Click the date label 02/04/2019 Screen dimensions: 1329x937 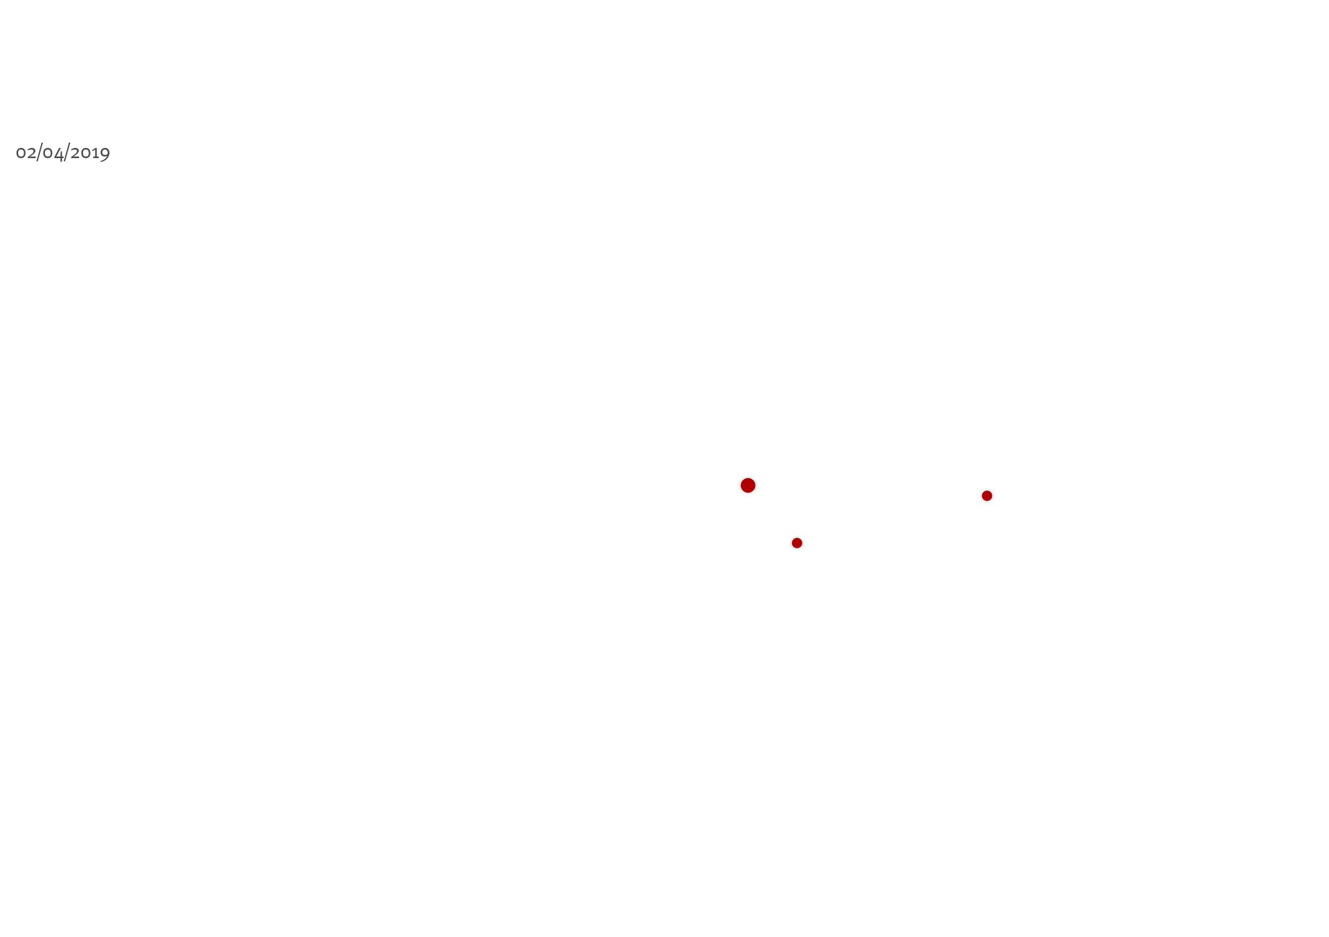coord(63,152)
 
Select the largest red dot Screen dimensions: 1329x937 coord(748,485)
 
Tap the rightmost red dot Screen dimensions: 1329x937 coord(987,496)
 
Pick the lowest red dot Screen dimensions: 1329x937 coord(797,543)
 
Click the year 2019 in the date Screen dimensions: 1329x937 coord(91,153)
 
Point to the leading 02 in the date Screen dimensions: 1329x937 coord(26,153)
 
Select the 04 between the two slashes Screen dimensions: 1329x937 coord(53,153)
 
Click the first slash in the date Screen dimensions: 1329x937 coord(39,152)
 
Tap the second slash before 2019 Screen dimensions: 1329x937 coord(67,152)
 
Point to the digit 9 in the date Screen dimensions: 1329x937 coord(106,154)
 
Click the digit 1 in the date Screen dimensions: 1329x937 coord(96,153)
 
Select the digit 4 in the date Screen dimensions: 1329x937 coord(59,153)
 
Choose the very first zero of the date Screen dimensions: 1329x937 coord(21,153)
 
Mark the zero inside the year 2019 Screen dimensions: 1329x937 coord(87,153)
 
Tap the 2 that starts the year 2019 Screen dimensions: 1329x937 coord(76,153)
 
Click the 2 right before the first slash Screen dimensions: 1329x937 coord(31,153)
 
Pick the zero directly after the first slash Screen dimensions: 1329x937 coord(48,153)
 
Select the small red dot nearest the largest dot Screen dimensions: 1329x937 coord(797,543)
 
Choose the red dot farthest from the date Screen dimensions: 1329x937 coord(987,496)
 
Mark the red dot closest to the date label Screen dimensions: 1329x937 coord(748,485)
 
